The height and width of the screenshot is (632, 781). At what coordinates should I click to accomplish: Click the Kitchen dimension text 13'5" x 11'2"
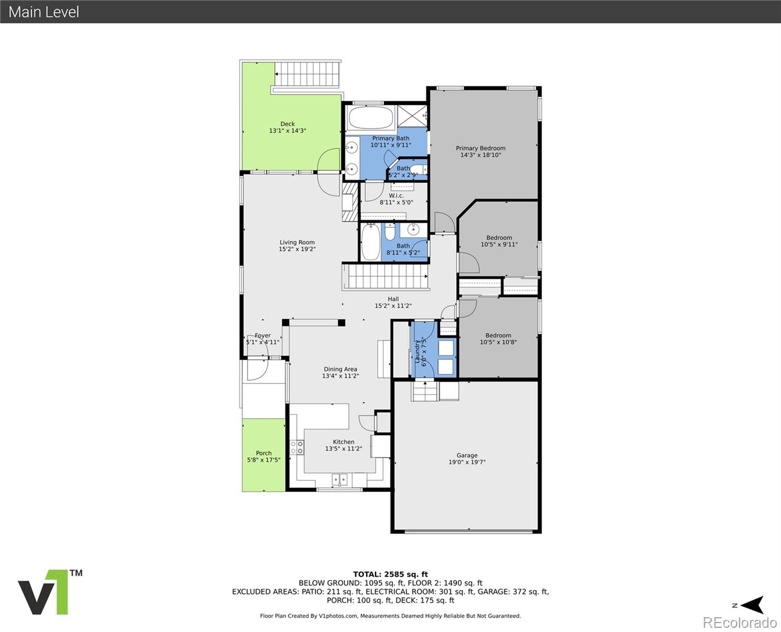[343, 449]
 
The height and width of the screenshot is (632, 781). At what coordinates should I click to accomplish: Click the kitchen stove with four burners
[297, 448]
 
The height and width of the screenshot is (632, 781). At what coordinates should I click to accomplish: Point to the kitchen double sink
[339, 479]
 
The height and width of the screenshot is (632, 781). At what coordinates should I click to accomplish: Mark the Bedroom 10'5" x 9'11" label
[499, 241]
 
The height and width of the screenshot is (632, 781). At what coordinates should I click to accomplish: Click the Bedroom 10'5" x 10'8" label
[498, 339]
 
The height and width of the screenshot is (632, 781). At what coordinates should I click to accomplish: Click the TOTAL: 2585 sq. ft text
[390, 574]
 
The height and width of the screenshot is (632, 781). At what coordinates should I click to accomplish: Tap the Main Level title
[44, 12]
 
